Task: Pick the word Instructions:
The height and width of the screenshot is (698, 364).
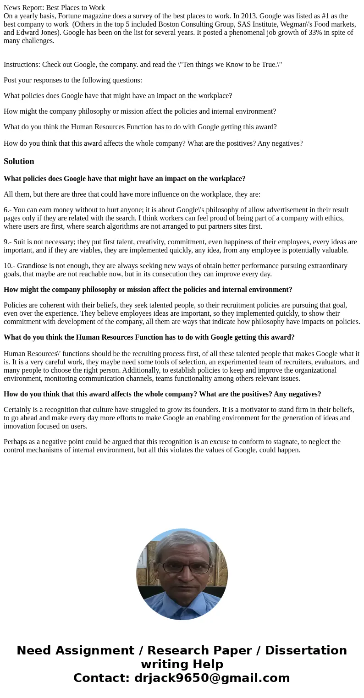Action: pyautogui.click(x=22, y=65)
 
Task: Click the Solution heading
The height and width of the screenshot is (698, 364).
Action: pyautogui.click(x=19, y=161)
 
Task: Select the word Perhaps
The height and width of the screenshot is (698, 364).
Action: pyautogui.click(x=16, y=442)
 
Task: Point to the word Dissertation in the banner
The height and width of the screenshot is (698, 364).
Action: pyautogui.click(x=306, y=651)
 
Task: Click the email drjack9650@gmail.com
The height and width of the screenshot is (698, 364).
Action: pyautogui.click(x=212, y=678)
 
